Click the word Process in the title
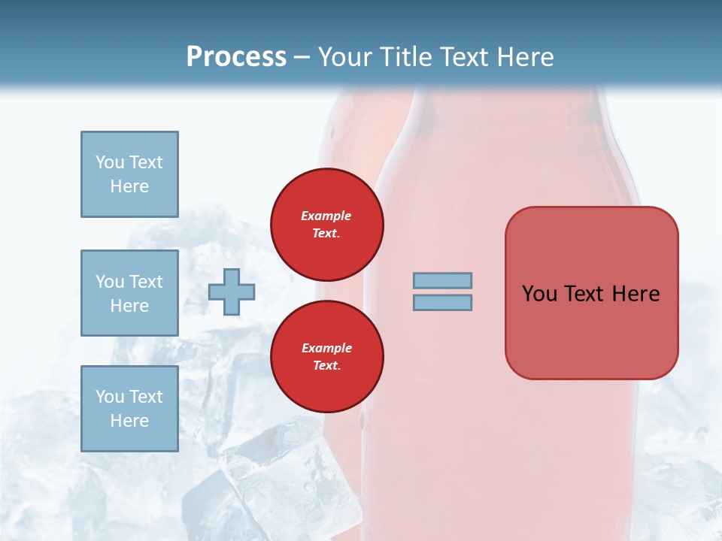click(236, 57)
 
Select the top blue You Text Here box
click(129, 174)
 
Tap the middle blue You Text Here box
click(129, 293)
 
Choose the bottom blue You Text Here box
click(129, 409)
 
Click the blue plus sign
click(232, 292)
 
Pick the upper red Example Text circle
click(327, 225)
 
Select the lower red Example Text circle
click(327, 357)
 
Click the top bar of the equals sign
click(442, 280)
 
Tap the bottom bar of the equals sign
click(442, 303)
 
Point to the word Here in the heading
click(526, 57)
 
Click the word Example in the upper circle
click(326, 216)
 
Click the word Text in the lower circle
click(326, 366)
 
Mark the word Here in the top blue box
click(129, 186)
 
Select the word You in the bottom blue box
click(109, 397)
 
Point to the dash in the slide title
click(302, 58)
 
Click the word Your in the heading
click(347, 57)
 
